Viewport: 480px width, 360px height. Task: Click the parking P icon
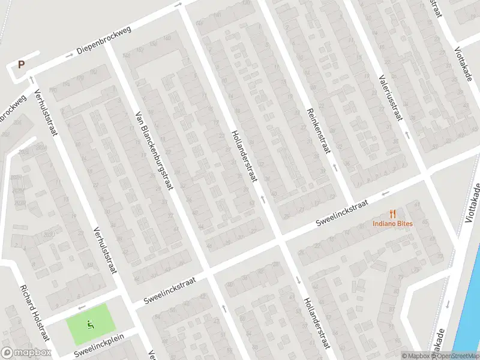click(22, 64)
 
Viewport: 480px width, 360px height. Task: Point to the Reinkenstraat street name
click(319, 130)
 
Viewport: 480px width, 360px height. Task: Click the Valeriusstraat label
click(389, 97)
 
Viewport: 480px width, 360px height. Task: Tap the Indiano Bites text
click(393, 224)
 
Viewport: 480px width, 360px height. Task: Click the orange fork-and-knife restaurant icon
click(393, 213)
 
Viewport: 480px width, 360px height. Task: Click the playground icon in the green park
click(91, 325)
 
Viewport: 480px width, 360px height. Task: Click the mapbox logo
click(26, 353)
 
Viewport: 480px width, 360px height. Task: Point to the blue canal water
click(471, 300)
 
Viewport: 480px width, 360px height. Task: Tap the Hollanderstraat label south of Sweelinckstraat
click(316, 322)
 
